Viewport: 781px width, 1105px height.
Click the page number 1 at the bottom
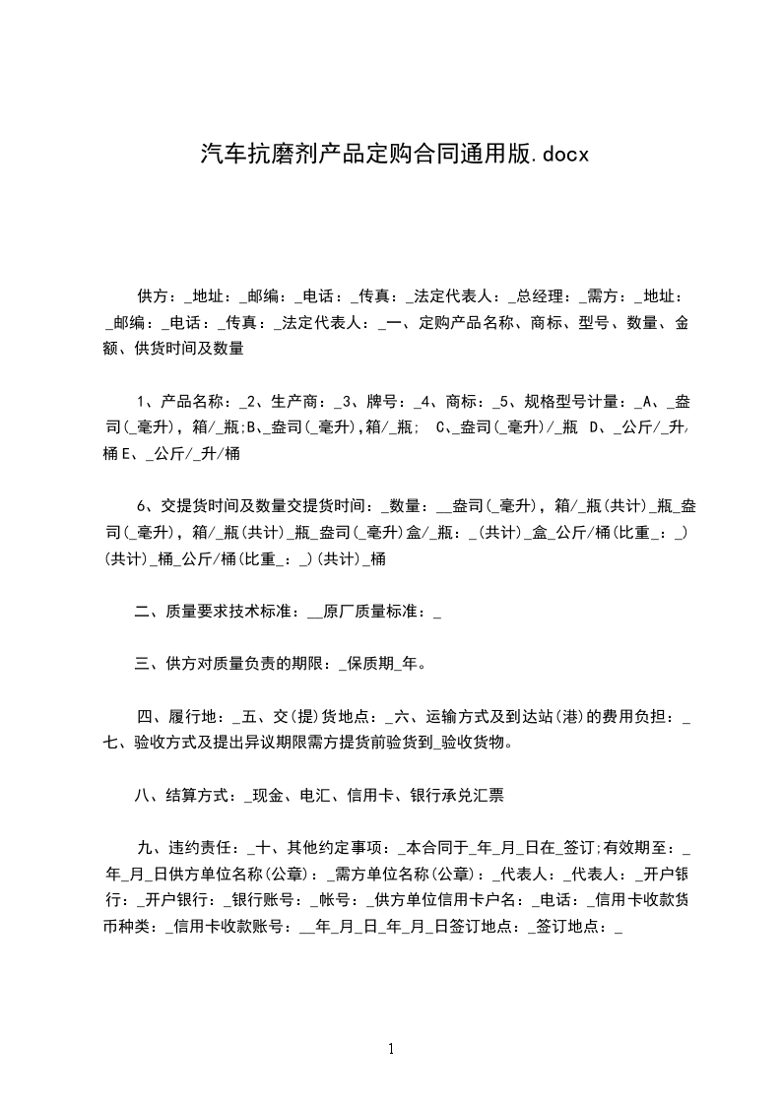[x=391, y=1049]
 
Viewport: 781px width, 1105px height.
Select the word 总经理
[x=540, y=295]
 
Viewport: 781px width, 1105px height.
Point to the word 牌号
[x=382, y=402]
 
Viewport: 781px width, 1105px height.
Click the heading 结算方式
[x=202, y=796]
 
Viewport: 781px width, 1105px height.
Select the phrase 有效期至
[x=638, y=849]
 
